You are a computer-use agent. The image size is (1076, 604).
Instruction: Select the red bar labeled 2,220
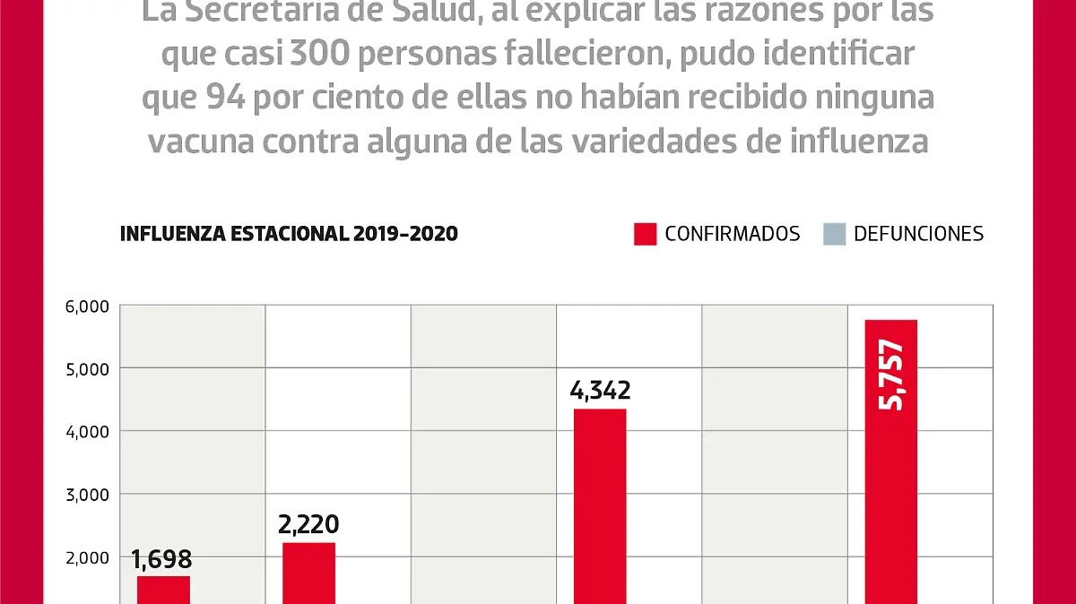pyautogui.click(x=308, y=574)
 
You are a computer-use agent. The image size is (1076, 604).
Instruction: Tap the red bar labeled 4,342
pyautogui.click(x=600, y=506)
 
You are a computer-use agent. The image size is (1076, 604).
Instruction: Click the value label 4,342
pyautogui.click(x=600, y=391)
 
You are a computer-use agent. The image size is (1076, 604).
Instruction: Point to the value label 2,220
pyautogui.click(x=309, y=524)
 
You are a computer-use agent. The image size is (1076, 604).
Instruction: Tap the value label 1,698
pyautogui.click(x=162, y=559)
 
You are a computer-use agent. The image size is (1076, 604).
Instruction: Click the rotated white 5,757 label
pyautogui.click(x=891, y=375)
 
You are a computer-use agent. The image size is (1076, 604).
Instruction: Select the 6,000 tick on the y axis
pyautogui.click(x=87, y=306)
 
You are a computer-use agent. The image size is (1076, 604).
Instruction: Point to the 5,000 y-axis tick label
pyautogui.click(x=87, y=368)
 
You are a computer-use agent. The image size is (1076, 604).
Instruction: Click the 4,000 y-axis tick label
pyautogui.click(x=87, y=431)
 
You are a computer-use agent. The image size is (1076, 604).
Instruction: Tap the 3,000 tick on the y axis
pyautogui.click(x=87, y=494)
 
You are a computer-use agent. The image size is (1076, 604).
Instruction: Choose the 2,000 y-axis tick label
pyautogui.click(x=87, y=557)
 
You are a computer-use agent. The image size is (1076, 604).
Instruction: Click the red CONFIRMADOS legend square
pyautogui.click(x=645, y=234)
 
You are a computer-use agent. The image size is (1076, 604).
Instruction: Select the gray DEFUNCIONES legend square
pyautogui.click(x=834, y=234)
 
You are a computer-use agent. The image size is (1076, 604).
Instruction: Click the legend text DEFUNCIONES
pyautogui.click(x=918, y=234)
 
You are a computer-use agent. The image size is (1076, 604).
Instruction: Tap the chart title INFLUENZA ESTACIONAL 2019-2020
pyautogui.click(x=289, y=234)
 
